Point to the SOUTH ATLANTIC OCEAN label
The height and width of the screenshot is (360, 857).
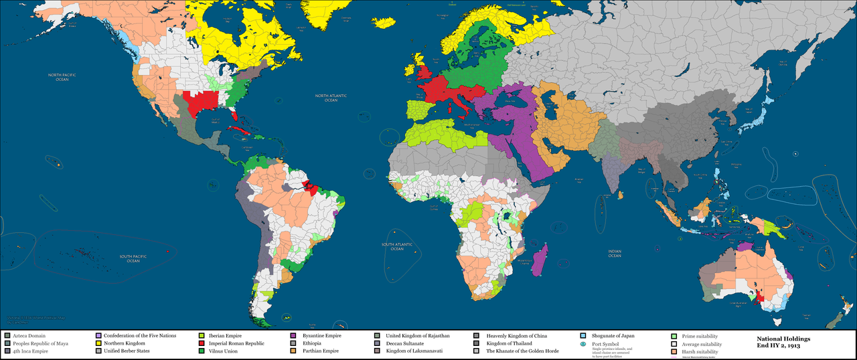point(395,246)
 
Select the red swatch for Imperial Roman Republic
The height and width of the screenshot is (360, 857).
point(202,343)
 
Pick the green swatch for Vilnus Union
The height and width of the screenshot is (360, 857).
point(202,351)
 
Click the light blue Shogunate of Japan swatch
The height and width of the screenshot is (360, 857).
point(584,335)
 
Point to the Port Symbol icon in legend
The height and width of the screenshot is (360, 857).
point(584,344)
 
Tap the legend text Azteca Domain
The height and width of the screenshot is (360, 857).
point(29,335)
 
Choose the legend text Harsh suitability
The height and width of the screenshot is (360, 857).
point(700,351)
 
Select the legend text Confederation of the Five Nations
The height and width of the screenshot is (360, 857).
point(140,335)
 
